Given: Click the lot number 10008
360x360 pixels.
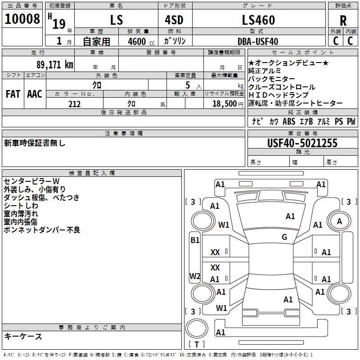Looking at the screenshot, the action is coord(22,19).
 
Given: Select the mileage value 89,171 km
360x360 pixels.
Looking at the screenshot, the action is coord(55,65).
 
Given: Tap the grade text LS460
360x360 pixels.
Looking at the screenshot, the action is coord(258,20).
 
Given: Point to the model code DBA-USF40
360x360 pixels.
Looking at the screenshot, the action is coord(258,41).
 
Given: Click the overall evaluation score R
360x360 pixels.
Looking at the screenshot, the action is coord(343,21).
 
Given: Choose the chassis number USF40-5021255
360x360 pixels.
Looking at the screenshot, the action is coord(302,143).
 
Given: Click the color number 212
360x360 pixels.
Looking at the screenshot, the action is coord(74,104).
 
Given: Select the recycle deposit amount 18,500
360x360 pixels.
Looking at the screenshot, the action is coord(225,104).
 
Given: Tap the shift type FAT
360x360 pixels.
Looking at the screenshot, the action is coord(13,94).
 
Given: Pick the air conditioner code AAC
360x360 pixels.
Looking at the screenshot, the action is coord(35,94).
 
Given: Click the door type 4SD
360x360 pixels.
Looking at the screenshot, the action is coord(174,20).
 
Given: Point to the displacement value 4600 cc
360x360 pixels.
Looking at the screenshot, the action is coord(141,41).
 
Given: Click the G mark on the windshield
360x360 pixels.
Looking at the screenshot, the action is coord(284,237).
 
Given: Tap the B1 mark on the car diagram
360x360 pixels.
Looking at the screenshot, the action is coord(195,240).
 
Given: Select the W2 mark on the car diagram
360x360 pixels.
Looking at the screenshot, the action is coord(195,276).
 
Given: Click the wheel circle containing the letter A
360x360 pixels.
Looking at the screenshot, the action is coord(339,221).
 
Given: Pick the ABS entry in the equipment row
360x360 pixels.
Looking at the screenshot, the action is coord(289,121).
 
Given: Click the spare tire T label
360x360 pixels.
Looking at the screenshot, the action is coord(197,344).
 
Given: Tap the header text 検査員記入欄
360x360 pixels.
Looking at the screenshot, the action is coord(92,173).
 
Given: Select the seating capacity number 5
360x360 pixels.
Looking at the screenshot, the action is coord(188,85).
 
